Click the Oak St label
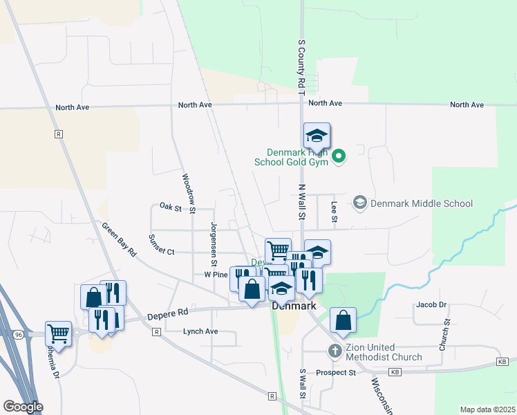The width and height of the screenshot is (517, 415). coord(169,207)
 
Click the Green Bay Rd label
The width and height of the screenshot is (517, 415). coord(119,240)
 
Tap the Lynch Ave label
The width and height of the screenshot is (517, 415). coord(200,331)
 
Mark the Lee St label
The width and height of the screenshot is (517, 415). coord(334,211)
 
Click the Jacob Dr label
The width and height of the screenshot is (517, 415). coord(431,304)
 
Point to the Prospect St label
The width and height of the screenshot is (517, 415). coord(336,373)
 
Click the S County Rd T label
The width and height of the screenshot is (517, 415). coord(301,63)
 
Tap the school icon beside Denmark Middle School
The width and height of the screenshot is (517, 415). coord(359,203)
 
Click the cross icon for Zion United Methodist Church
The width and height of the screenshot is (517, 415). coord(335,351)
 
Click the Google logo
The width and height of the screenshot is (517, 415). coord(22,407)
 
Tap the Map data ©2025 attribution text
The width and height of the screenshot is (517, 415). coord(487,409)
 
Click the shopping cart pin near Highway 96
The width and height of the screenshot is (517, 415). coord(58,335)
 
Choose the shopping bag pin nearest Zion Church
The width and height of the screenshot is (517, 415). coord(343,321)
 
